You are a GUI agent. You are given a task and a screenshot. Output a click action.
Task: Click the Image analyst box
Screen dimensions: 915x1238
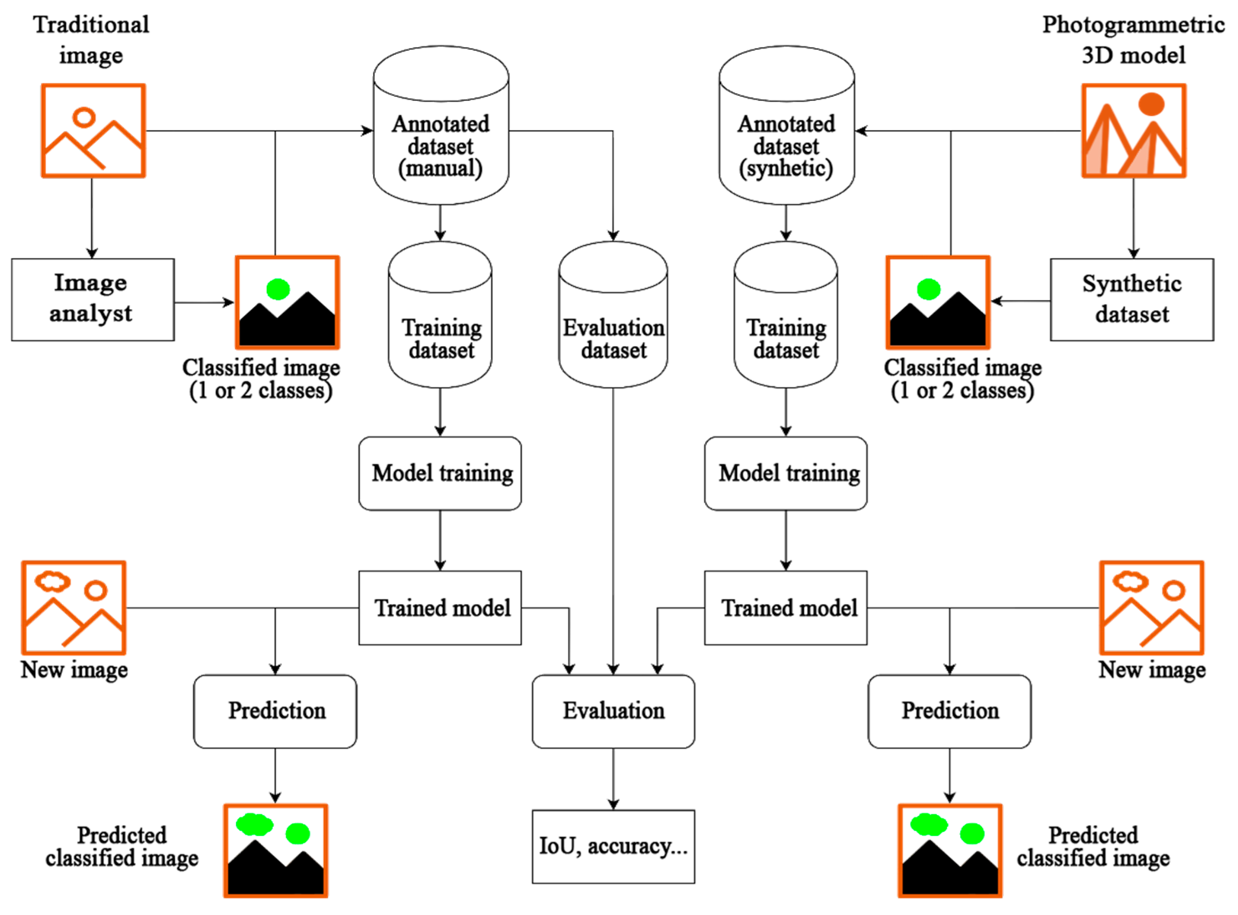click(92, 300)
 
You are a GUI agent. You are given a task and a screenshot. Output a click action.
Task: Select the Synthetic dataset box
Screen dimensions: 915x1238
click(1132, 300)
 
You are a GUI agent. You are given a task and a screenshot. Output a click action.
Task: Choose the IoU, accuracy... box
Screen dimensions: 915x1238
click(613, 846)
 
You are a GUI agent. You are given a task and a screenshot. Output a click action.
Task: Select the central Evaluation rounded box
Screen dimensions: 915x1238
click(613, 711)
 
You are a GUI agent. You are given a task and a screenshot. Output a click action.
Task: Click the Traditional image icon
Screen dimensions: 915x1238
click(93, 131)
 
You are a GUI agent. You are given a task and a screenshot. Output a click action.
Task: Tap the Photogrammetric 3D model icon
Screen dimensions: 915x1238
click(1133, 131)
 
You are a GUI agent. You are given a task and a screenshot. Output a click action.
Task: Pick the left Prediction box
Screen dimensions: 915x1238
click(275, 711)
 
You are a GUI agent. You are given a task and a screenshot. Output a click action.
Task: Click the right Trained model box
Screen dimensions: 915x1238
click(785, 608)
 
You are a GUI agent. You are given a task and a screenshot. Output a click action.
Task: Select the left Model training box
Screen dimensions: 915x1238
click(440, 473)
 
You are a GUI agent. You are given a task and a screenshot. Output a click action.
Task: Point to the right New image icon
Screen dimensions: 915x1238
click(1151, 608)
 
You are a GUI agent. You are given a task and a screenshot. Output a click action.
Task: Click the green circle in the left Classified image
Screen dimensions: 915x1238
click(278, 289)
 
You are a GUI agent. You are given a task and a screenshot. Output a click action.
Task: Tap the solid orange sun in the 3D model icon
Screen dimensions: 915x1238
click(1151, 104)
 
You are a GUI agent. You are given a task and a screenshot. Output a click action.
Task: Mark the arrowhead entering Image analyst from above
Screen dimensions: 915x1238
click(92, 253)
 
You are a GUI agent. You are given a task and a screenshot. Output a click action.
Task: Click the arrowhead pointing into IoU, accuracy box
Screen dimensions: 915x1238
click(613, 804)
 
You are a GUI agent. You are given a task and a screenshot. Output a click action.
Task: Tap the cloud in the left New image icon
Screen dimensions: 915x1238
click(53, 581)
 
